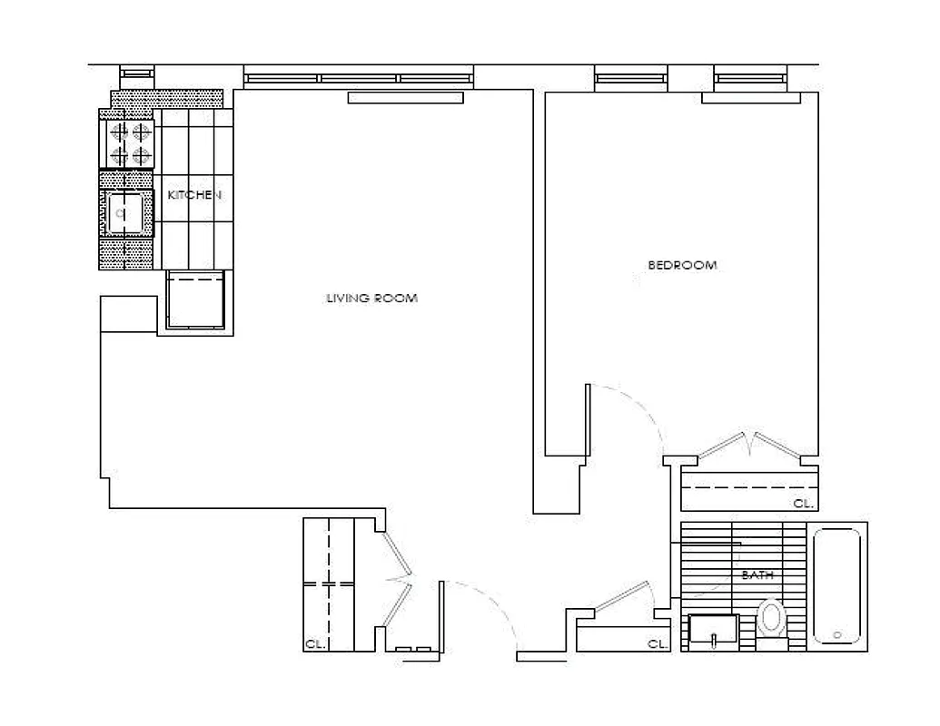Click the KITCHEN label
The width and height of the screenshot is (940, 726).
point(194,195)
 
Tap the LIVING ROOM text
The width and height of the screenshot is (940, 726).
point(371,298)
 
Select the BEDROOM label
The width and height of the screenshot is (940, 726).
point(681,266)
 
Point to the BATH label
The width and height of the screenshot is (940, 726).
point(757,575)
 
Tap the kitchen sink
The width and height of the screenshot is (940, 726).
point(125,214)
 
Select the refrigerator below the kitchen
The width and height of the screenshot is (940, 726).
point(195,300)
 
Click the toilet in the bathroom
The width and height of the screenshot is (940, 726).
point(773,621)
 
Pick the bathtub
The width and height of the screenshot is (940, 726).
point(836,586)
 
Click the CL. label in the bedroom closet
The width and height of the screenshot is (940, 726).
point(803,503)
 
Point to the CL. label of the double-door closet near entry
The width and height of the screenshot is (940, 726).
point(314,645)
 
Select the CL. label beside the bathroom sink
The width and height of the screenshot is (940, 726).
point(658,644)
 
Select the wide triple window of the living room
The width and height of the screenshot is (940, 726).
point(358,78)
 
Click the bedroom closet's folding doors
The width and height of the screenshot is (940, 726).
point(750,446)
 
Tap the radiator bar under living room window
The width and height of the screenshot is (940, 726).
point(405,98)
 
